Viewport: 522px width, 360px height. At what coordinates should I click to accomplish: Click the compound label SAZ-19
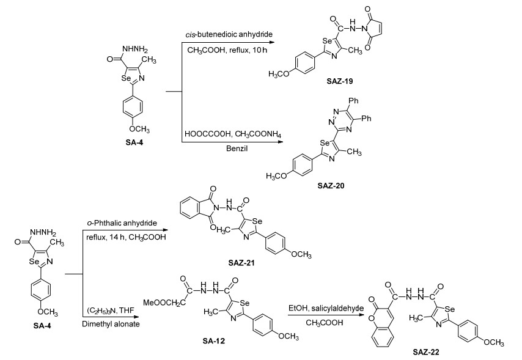click(x=340, y=81)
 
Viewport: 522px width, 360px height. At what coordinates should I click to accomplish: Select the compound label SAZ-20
click(x=331, y=185)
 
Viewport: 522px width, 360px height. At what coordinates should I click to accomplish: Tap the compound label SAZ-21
click(x=241, y=263)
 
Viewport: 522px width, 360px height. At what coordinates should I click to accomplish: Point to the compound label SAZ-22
click(x=426, y=352)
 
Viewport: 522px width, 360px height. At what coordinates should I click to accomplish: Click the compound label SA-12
click(x=214, y=340)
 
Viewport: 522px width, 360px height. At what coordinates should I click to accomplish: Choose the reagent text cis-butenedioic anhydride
click(x=229, y=34)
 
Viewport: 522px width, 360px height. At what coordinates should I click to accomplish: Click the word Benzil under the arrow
click(x=237, y=148)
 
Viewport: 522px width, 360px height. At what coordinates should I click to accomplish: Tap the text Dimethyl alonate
click(x=111, y=324)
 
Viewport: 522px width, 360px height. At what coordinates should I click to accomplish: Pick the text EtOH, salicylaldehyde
click(x=326, y=309)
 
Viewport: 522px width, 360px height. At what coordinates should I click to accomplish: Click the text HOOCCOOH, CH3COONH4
click(x=233, y=134)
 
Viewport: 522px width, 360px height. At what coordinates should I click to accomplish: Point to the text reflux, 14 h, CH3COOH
click(x=126, y=237)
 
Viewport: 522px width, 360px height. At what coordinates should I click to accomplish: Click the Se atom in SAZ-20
click(x=325, y=142)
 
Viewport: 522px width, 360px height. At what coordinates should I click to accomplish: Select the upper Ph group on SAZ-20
click(x=353, y=101)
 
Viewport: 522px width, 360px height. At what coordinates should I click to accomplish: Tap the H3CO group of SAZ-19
click(x=279, y=74)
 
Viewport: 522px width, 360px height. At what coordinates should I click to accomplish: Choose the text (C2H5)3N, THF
click(x=111, y=310)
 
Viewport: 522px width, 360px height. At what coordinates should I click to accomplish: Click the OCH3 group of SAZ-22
click(x=494, y=342)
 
